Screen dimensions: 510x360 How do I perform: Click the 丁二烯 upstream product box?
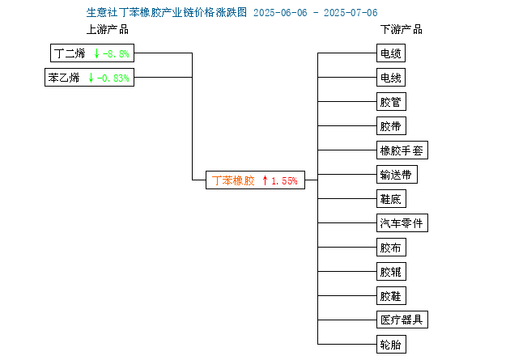click(92, 53)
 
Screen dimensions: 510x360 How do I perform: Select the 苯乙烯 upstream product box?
click(89, 78)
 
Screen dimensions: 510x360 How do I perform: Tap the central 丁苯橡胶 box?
click(255, 180)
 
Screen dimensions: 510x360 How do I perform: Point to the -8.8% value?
click(116, 53)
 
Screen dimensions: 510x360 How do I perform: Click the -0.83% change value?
click(113, 78)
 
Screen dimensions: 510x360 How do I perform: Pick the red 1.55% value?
click(284, 180)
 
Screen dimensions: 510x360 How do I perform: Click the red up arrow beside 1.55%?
click(265, 180)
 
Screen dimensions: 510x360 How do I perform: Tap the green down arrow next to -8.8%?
click(96, 53)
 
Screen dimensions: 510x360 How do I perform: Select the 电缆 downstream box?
click(391, 53)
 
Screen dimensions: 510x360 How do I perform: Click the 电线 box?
click(391, 78)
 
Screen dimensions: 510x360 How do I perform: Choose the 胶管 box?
click(391, 102)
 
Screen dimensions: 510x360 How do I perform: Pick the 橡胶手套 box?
click(402, 150)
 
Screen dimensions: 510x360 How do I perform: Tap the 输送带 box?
click(397, 175)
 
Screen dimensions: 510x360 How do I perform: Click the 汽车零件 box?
click(402, 223)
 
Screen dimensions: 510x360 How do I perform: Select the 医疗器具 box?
click(402, 320)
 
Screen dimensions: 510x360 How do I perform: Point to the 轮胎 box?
click(391, 344)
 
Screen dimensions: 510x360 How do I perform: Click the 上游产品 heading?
click(108, 30)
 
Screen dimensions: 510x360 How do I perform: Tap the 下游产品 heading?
click(402, 30)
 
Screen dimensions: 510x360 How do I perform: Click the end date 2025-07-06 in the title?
click(351, 13)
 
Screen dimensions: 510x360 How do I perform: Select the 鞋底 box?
click(391, 198)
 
